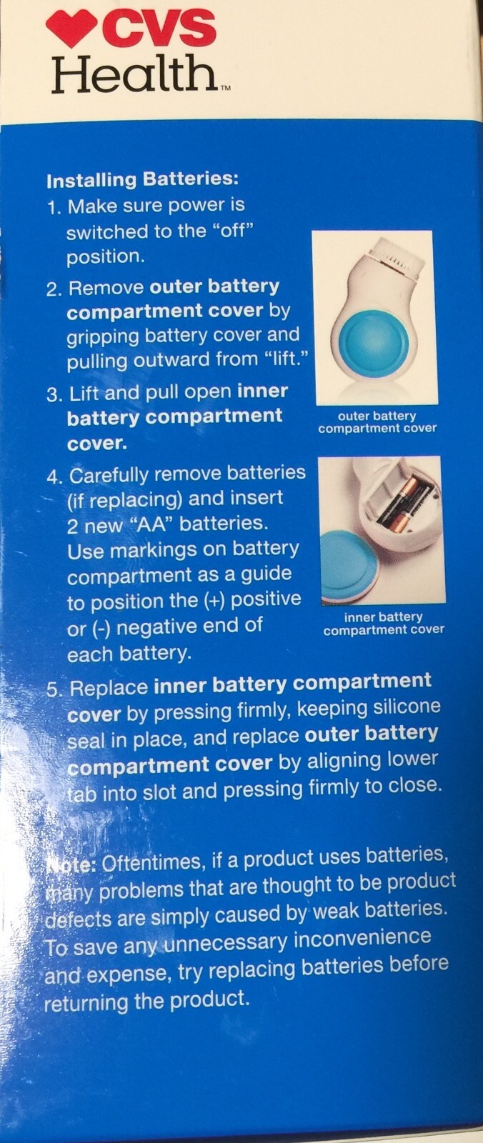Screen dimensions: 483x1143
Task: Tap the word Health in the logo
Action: click(x=134, y=74)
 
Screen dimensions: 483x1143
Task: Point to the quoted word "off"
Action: click(x=233, y=231)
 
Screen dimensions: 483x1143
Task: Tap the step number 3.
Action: click(x=54, y=394)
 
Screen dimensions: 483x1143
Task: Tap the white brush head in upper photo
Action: click(x=397, y=259)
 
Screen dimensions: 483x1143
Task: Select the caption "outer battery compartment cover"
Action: click(x=377, y=422)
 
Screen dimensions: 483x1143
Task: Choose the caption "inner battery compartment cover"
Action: click(x=384, y=624)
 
